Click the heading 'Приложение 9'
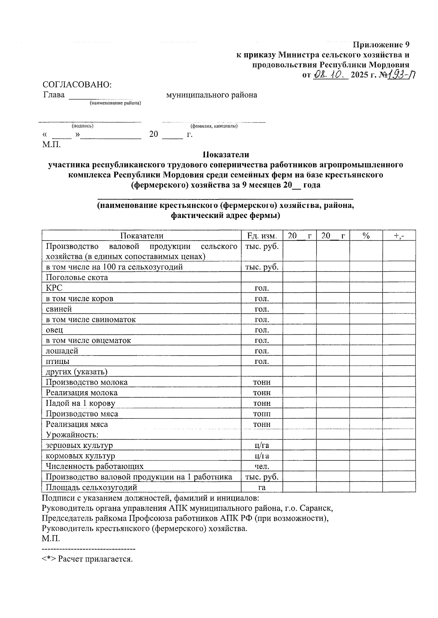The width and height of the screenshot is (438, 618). click(381, 45)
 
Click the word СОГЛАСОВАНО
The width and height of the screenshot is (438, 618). click(77, 85)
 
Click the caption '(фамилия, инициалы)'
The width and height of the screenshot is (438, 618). click(214, 126)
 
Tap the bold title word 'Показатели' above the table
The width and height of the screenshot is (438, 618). click(226, 155)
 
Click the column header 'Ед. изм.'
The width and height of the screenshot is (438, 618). click(262, 236)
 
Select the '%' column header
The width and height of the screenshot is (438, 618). click(366, 236)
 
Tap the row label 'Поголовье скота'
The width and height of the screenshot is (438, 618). click(77, 277)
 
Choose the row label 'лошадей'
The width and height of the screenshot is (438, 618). click(62, 351)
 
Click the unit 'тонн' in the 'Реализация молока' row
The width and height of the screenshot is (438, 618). click(262, 393)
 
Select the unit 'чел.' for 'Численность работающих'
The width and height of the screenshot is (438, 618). click(262, 466)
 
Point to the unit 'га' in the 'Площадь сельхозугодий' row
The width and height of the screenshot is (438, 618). click(262, 487)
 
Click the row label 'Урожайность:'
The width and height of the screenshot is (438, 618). click(72, 435)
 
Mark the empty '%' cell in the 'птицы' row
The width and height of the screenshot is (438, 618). click(366, 362)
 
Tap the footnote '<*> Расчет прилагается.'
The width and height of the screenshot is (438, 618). click(87, 559)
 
